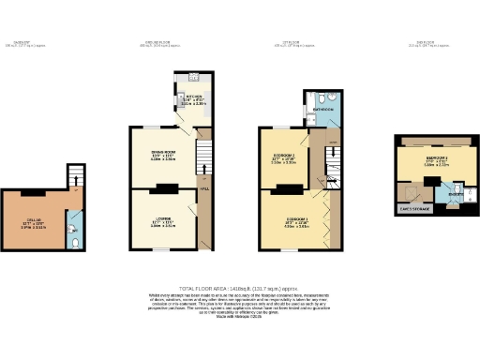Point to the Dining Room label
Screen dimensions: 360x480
163,156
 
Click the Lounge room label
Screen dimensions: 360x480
163,221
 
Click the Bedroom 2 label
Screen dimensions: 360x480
284,157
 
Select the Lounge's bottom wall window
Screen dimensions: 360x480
162,249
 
